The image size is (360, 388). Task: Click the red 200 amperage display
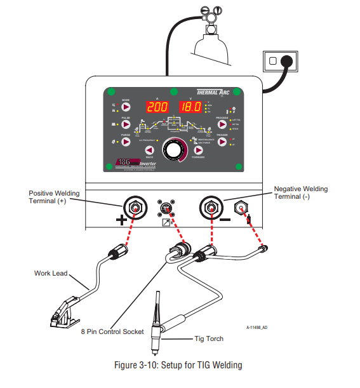click(157, 107)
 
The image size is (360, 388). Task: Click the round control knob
click(173, 149)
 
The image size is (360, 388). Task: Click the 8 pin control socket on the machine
click(164, 206)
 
